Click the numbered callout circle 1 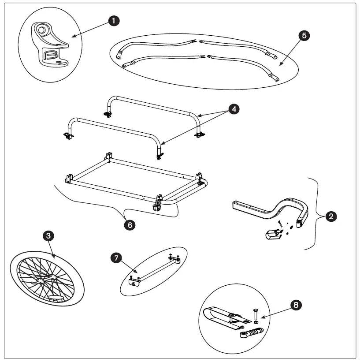[x=115, y=21]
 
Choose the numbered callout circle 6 [x=129, y=224]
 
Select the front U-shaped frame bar [x=115, y=130]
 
